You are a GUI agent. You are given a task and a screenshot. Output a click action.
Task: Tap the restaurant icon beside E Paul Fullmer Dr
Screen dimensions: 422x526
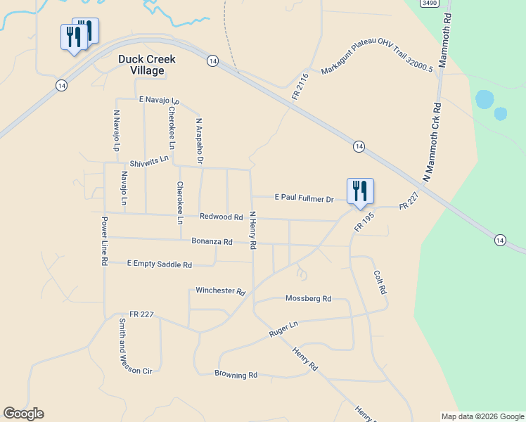(x=360, y=191)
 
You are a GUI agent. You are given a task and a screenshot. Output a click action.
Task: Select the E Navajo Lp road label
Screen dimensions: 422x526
(x=160, y=101)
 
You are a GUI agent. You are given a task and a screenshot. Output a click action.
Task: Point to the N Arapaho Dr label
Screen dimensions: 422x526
(x=199, y=141)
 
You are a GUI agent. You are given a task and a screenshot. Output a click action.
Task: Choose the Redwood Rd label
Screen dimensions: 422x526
(x=221, y=217)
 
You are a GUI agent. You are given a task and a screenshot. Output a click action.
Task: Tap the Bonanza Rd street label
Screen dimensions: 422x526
(x=212, y=241)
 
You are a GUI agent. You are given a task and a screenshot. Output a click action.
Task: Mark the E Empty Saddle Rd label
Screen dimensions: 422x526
(x=160, y=264)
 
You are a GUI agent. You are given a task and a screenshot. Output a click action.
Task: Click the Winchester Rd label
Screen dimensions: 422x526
(x=220, y=290)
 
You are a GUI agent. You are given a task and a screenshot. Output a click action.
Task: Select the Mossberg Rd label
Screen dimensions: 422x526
(x=308, y=298)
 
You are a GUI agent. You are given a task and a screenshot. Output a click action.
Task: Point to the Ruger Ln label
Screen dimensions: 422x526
(x=283, y=329)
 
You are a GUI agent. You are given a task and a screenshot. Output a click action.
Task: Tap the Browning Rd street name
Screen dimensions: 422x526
(x=236, y=375)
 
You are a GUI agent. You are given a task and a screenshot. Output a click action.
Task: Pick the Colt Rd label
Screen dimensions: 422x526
(x=380, y=281)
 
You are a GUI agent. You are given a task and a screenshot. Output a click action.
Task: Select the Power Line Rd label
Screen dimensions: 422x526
(x=104, y=241)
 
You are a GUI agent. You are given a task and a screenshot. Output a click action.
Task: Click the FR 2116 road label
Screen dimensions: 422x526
(x=300, y=86)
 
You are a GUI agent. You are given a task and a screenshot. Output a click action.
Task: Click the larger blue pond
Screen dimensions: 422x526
(x=485, y=99)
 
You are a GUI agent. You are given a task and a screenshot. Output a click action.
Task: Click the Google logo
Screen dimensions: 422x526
(x=23, y=414)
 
